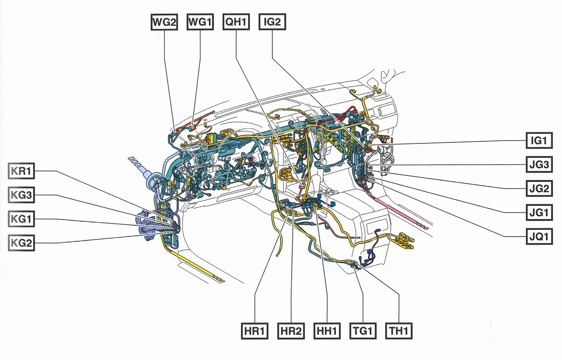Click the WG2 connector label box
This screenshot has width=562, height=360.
(164, 22)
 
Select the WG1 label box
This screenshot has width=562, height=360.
(200, 22)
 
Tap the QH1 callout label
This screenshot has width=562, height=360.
(236, 22)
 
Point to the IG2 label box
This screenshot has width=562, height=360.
(272, 22)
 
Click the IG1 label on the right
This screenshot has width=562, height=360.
(538, 141)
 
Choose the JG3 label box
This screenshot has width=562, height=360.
(538, 165)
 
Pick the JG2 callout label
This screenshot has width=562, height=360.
(538, 189)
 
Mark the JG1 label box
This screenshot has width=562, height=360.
(538, 213)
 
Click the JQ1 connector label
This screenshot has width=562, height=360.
(538, 236)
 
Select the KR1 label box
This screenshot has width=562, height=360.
(21, 171)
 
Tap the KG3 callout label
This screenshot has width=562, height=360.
(21, 195)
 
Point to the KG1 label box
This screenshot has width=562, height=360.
(21, 219)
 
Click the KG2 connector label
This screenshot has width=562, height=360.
(21, 243)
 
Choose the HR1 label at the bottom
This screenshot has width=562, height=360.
(254, 332)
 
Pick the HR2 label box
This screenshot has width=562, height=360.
(291, 332)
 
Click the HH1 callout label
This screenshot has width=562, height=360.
(327, 332)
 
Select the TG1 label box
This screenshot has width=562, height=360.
(363, 332)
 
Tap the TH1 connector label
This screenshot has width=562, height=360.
(399, 332)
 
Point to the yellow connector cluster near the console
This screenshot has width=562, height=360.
(404, 241)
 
